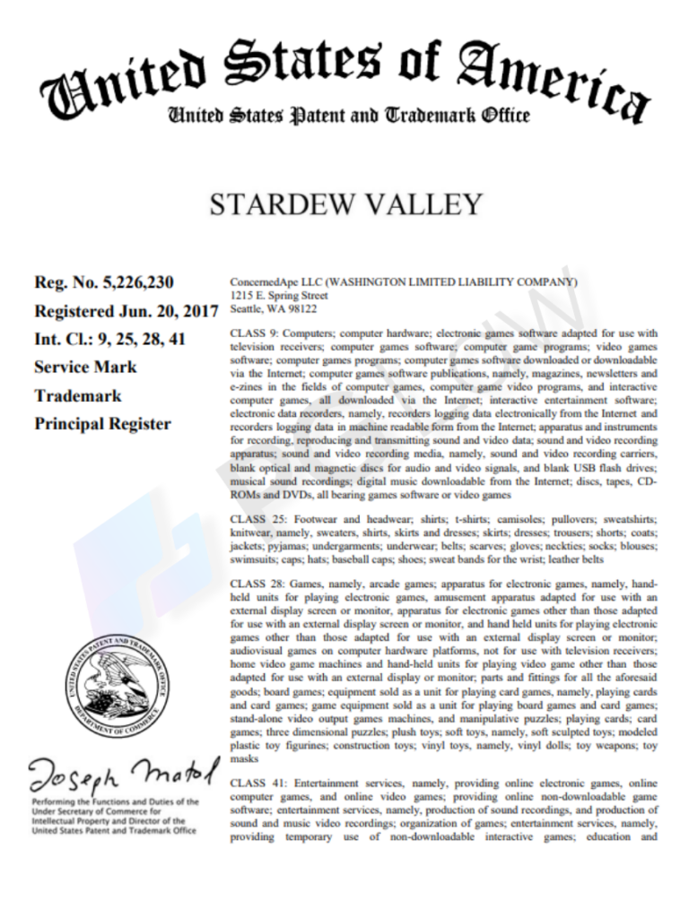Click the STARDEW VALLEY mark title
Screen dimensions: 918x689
(x=345, y=205)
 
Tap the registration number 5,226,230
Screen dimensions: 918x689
(x=137, y=282)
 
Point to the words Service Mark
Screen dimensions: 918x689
(x=85, y=367)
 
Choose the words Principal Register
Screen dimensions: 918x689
(x=102, y=424)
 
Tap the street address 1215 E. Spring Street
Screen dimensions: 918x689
(x=278, y=295)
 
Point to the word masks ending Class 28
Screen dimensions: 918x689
(x=247, y=758)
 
